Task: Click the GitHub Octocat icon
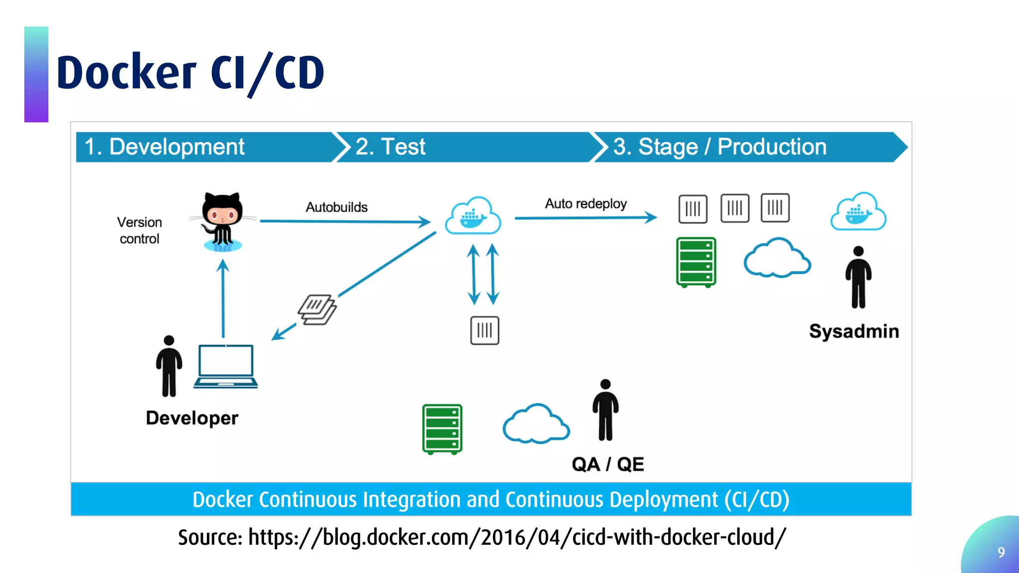click(222, 222)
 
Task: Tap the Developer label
click(192, 418)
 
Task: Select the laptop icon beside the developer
click(226, 366)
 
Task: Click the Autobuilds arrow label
click(337, 207)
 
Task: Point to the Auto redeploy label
click(586, 203)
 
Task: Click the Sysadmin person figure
click(858, 277)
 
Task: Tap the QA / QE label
click(608, 464)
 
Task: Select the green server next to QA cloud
click(442, 429)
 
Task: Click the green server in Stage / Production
click(696, 262)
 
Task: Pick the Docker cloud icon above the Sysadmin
click(858, 211)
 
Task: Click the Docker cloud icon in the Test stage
click(473, 215)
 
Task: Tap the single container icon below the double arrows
click(485, 330)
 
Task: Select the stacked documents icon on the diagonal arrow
click(317, 309)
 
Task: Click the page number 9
click(1001, 552)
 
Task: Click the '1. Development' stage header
click(164, 147)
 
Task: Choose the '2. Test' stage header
click(390, 147)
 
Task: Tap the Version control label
click(139, 230)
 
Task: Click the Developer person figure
click(169, 366)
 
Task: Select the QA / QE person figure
click(606, 410)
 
